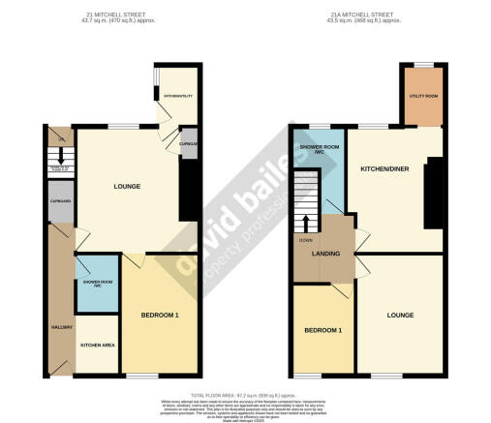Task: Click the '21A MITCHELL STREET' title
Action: coord(361,15)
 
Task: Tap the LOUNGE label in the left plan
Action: coord(127,187)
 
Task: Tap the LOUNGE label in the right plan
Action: coord(400,315)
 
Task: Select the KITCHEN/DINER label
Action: coord(384,168)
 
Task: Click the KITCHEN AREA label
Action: coord(98,345)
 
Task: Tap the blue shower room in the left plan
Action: coord(96,288)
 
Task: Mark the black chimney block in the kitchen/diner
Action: coord(433,193)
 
